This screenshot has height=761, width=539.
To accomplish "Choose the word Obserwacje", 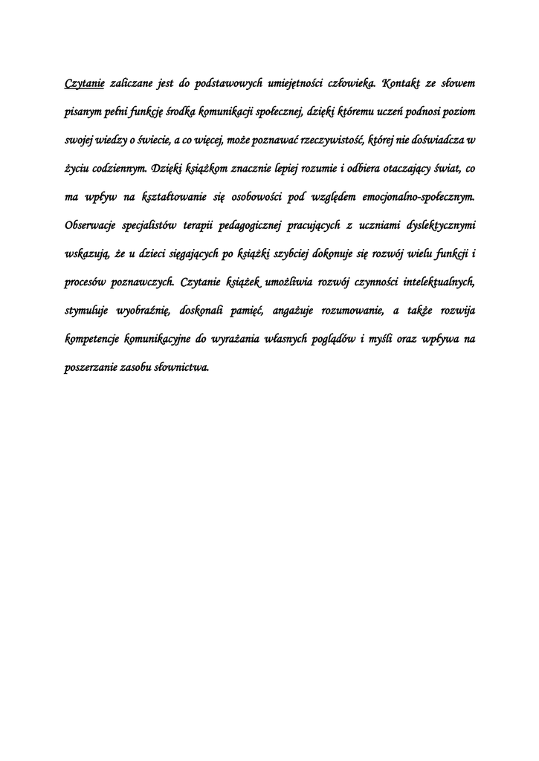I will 91,225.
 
